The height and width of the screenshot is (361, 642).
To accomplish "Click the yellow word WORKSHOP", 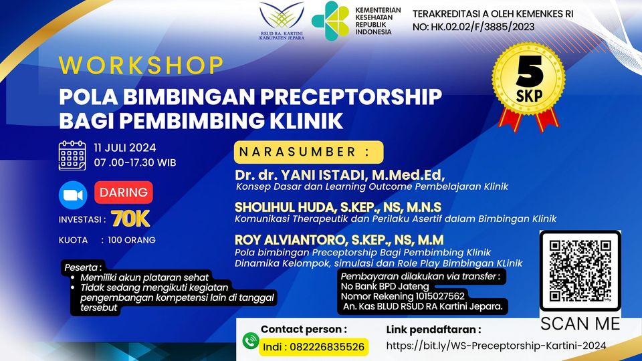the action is [141, 66].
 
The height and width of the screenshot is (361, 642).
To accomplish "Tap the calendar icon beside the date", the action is [72, 156].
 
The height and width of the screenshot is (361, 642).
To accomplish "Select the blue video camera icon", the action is [73, 195].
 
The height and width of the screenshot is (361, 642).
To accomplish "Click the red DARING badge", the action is [124, 193].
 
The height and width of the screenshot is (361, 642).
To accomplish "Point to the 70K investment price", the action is [130, 219].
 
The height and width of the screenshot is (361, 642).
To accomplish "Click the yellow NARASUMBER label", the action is [309, 152].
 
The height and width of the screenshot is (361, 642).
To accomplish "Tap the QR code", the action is [580, 271].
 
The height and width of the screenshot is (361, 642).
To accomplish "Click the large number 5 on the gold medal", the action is [530, 72].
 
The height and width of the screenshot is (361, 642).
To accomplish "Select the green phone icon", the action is [251, 340].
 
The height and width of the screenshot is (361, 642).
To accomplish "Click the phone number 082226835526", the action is [327, 347].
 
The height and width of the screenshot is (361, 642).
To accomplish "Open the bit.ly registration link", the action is [496, 346].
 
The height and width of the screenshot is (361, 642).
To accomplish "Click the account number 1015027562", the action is [440, 296].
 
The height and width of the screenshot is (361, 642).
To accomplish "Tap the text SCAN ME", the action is [580, 324].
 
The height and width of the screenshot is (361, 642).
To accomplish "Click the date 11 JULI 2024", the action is [125, 148].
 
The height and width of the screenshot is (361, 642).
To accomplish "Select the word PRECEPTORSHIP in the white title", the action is [351, 97].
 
